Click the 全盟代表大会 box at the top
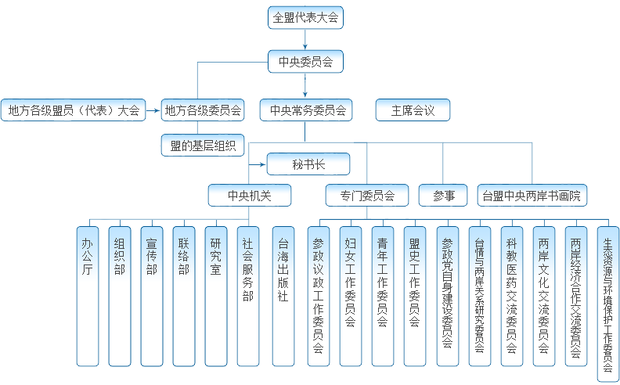tap(305, 17)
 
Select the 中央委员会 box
tap(305, 62)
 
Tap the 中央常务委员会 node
tap(306, 110)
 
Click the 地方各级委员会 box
tap(203, 110)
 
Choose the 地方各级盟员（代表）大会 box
tap(74, 110)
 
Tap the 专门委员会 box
tap(367, 195)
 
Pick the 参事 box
tap(443, 195)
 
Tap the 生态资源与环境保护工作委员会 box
tap(607, 301)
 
